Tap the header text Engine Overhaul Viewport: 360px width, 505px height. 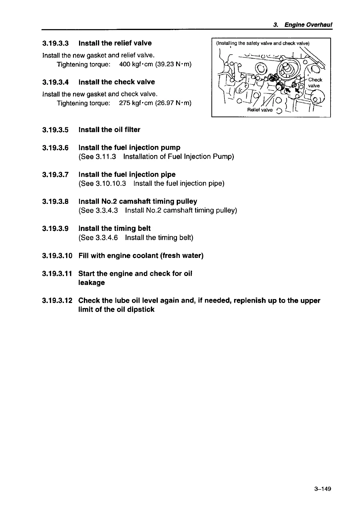(x=308, y=25)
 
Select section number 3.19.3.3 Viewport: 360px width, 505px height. (x=56, y=43)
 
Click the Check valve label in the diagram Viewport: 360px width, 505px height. (x=315, y=83)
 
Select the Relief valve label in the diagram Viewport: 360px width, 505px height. (x=260, y=110)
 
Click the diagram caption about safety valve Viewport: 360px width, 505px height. (x=263, y=43)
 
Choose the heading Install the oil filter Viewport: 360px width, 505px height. (x=109, y=130)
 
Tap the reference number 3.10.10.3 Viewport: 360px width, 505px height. (x=111, y=183)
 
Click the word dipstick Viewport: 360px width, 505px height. (x=141, y=310)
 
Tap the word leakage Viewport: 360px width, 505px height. (x=92, y=283)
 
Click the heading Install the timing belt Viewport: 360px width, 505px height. (x=114, y=228)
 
